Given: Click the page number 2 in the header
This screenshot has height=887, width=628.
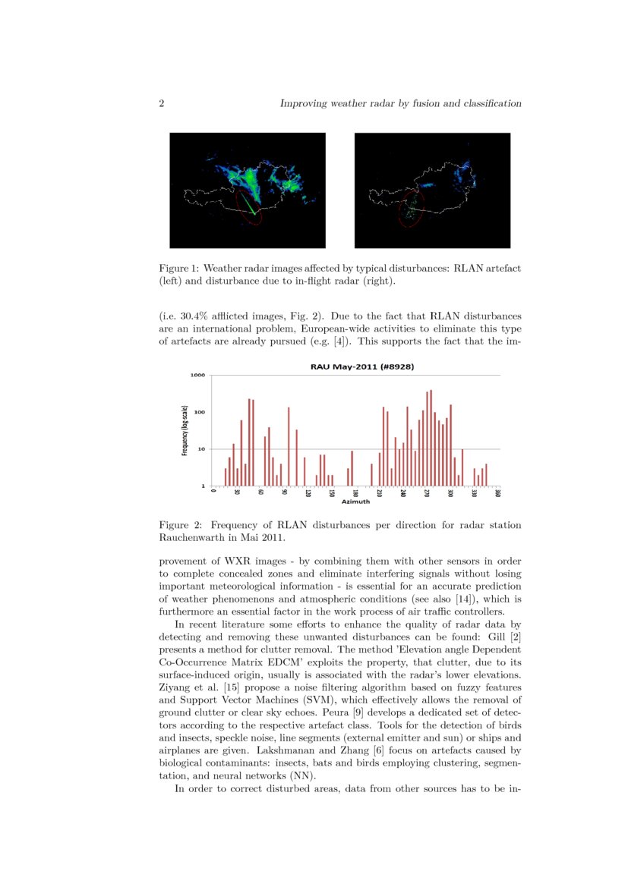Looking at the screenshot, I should pos(162,103).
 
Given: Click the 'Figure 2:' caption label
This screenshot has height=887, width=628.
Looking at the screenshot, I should pos(179,524).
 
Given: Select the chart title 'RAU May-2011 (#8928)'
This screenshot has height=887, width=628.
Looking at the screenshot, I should pos(357,366).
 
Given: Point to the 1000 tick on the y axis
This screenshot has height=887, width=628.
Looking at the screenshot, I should pos(197,375).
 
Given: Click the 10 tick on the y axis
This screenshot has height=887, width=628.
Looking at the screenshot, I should pos(200,449).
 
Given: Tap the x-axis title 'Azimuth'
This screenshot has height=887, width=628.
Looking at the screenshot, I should pos(355,502).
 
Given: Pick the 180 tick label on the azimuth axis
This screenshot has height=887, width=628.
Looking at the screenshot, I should pos(355,493).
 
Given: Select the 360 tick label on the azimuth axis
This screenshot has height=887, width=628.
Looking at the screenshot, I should pos(497,493).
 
